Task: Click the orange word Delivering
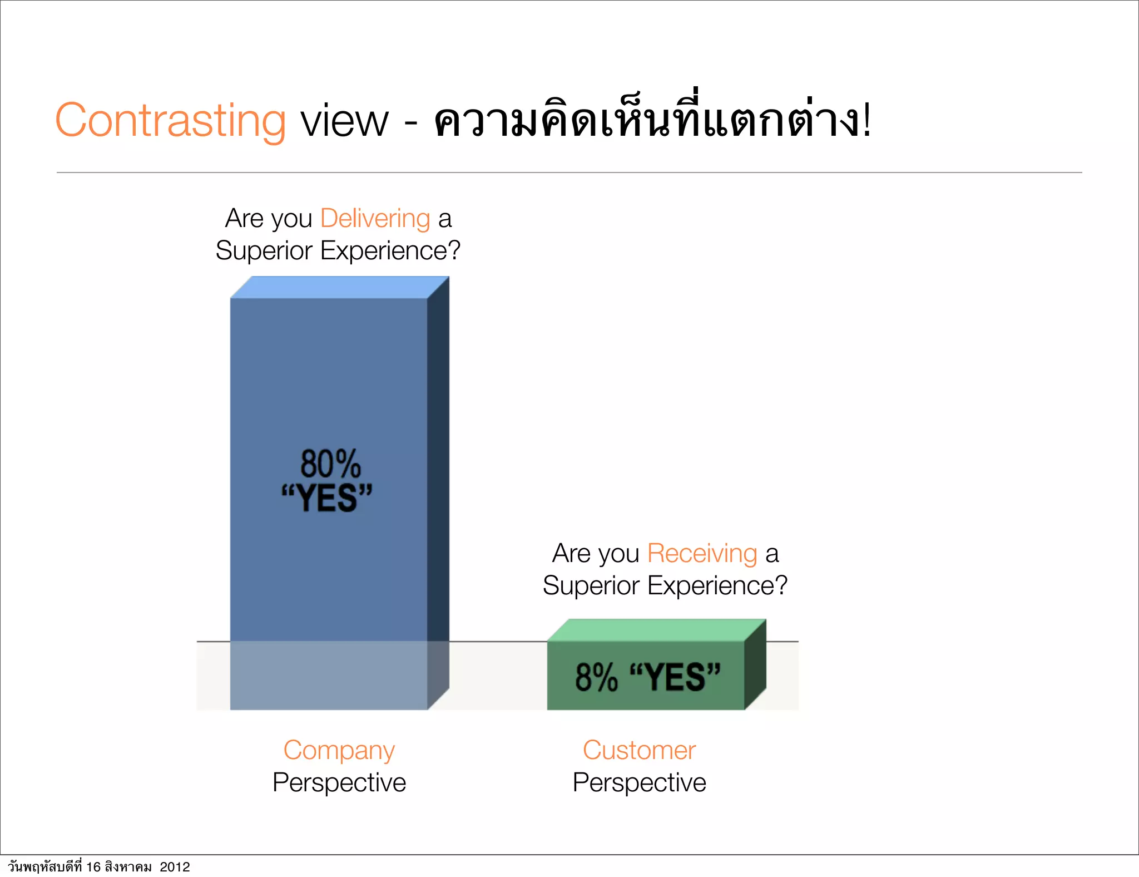click(x=375, y=218)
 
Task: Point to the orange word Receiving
click(x=702, y=553)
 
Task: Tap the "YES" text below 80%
click(x=327, y=497)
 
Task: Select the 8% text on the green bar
click(x=596, y=677)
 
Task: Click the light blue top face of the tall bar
click(x=339, y=287)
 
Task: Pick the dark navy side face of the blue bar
click(x=438, y=473)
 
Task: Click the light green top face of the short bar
click(x=656, y=630)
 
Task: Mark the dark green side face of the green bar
click(x=755, y=665)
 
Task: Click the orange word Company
click(x=339, y=750)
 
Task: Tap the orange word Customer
click(x=639, y=750)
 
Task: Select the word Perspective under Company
click(x=339, y=782)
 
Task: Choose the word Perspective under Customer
click(x=639, y=782)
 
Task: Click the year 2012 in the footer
click(x=175, y=867)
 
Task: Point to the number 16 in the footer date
click(x=93, y=867)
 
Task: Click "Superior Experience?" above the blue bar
click(x=338, y=250)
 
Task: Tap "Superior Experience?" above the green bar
click(x=665, y=585)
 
